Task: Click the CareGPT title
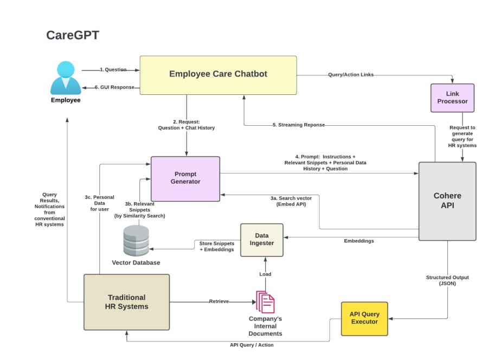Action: click(72, 35)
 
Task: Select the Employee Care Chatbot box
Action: click(218, 75)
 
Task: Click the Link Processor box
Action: click(452, 98)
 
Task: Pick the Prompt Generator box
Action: click(185, 179)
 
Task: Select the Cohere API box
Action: click(447, 201)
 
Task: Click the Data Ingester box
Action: click(262, 239)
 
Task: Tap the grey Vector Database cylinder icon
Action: click(136, 241)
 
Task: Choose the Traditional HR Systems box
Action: click(126, 302)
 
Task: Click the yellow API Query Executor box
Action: click(364, 319)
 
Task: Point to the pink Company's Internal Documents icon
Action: click(265, 302)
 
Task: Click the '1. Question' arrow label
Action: click(113, 70)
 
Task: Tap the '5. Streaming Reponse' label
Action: click(298, 125)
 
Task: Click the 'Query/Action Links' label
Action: click(351, 75)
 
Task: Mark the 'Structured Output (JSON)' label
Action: click(447, 280)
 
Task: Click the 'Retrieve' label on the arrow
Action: click(219, 301)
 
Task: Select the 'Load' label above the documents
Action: click(265, 274)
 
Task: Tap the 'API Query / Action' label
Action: click(252, 345)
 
